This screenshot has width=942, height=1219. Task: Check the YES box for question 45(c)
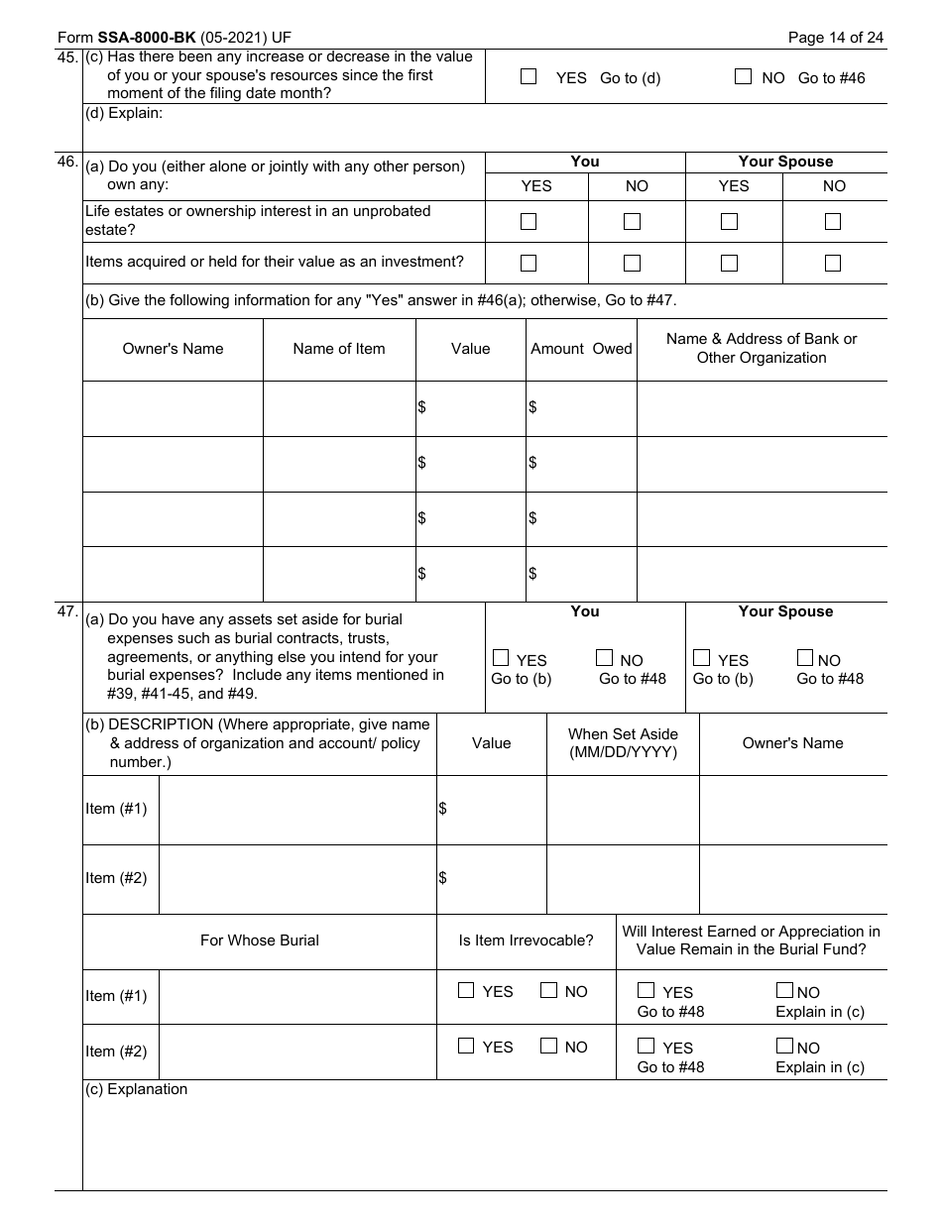point(529,76)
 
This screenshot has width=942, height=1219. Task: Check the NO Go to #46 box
point(743,76)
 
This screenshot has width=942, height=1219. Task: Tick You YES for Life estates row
point(529,221)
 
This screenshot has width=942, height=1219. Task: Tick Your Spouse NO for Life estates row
point(833,221)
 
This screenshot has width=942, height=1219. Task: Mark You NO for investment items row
point(632,263)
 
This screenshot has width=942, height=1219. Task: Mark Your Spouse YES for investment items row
point(729,263)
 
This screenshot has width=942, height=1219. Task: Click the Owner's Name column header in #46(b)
point(173,349)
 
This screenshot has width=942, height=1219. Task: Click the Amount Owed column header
point(581,349)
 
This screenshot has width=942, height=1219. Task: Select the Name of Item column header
point(339,349)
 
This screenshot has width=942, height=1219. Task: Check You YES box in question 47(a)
point(501,657)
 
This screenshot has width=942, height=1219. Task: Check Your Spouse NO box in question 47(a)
point(805,657)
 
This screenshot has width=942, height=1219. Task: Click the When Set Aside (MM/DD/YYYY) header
point(623,743)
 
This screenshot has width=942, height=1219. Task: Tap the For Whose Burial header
point(260,941)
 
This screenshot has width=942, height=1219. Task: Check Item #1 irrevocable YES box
point(466,990)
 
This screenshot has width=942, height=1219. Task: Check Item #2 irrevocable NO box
point(548,1045)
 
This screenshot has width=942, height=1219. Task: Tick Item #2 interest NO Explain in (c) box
point(784,1045)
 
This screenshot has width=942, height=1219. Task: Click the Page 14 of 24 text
point(835,38)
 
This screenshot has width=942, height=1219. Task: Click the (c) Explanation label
point(136,1089)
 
